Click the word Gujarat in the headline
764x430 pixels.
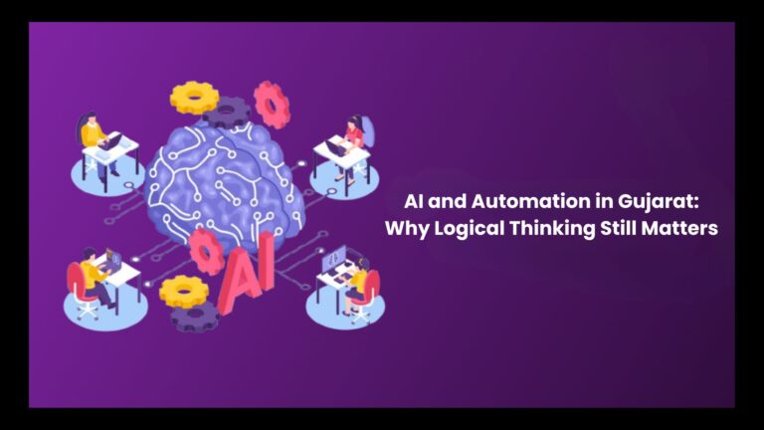pos(658,202)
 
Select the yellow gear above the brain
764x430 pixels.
pos(194,98)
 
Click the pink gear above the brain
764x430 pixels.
pos(272,105)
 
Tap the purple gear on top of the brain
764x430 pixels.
pos(227,112)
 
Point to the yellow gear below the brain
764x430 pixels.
pos(184,292)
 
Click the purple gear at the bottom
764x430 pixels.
pos(195,317)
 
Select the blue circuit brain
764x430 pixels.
pos(224,180)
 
